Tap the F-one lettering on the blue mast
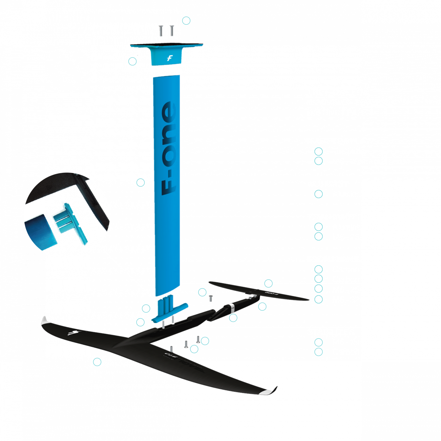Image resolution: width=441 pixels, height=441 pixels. (x=169, y=148)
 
